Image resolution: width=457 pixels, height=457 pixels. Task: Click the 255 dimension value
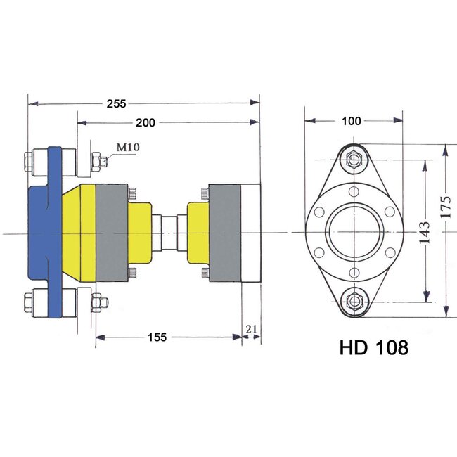pyautogui.click(x=116, y=103)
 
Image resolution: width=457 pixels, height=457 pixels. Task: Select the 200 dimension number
pyautogui.click(x=146, y=123)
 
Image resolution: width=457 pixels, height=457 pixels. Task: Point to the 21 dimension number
pyautogui.click(x=252, y=329)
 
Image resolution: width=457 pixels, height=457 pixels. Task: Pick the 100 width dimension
pyautogui.click(x=352, y=121)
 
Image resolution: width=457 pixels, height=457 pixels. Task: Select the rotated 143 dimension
pyautogui.click(x=423, y=231)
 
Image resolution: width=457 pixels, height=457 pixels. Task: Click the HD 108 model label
pyautogui.click(x=373, y=347)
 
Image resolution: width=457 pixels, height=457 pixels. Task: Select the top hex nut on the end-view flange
pyautogui.click(x=355, y=160)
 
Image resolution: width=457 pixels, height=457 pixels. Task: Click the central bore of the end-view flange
pyautogui.click(x=354, y=231)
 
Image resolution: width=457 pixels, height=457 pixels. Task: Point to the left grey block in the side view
pyautogui.click(x=111, y=231)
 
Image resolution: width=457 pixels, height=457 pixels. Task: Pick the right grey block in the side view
pyautogui.click(x=225, y=231)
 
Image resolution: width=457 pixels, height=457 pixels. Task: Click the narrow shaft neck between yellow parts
pyautogui.click(x=170, y=231)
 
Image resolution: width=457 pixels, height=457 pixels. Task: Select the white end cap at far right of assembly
pyautogui.click(x=250, y=231)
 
